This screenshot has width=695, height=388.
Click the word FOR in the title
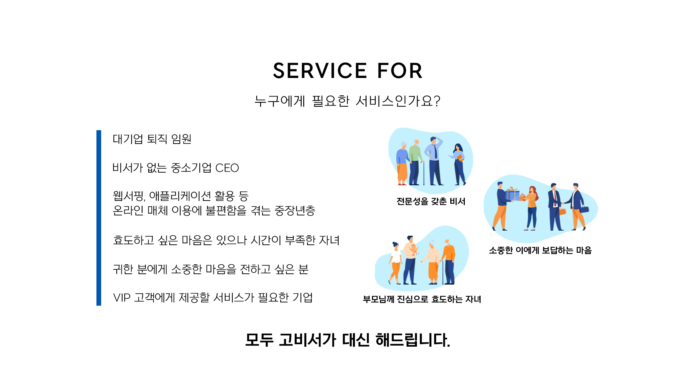pos(400,70)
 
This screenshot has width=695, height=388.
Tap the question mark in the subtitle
pos(437,101)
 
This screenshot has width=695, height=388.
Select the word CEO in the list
pos(227,168)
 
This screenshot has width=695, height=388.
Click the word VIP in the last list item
pos(121,298)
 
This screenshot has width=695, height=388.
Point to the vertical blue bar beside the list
pos(99,218)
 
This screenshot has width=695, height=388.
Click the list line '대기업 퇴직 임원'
pos(152,139)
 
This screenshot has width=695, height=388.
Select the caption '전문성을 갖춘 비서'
pos(431,201)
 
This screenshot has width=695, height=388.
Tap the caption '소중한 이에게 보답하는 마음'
pos(540,250)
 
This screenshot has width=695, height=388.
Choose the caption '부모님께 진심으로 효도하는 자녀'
pos(422,299)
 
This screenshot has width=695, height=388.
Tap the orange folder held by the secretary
pos(460,158)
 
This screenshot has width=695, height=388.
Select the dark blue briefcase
pos(584,209)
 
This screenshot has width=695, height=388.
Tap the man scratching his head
pos(434,160)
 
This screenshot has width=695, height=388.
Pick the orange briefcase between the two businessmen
pos(562,211)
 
